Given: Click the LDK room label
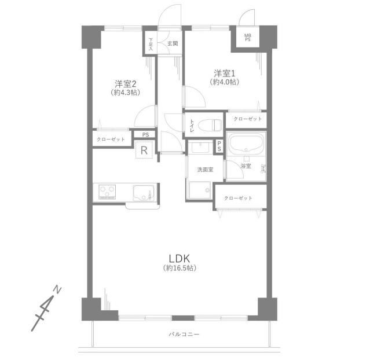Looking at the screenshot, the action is point(179,258).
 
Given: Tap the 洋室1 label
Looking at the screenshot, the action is point(225,73).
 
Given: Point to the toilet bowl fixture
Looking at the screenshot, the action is point(210,124).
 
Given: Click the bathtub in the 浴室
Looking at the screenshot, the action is point(246,143).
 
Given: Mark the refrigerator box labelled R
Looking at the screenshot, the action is point(144,150).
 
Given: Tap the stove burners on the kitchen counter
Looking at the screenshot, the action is point(107,192).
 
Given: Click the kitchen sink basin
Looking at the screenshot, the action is point(143,193).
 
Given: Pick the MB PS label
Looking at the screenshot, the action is point(247,38).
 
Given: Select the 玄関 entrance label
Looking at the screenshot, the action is point(173,43).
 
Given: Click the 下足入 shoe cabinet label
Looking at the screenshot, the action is point(151,44).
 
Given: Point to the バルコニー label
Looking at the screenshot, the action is point(184,334).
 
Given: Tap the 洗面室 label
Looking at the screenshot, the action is point(205,170).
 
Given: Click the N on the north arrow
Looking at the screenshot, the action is point(57,290).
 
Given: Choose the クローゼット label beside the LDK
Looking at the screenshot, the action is point(238,198).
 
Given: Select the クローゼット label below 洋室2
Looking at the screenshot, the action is point(111,139).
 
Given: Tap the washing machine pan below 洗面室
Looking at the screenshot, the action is point(200,190).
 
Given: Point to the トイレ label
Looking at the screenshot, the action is point(192,126).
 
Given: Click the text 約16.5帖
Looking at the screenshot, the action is point(179,268).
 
